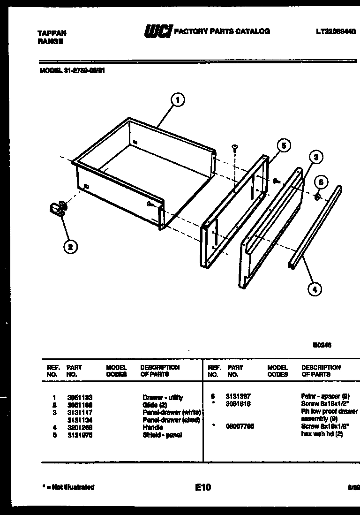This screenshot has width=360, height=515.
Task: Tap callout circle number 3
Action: point(316,158)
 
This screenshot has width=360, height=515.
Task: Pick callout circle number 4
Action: point(315,289)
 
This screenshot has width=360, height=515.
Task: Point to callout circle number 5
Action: point(283,146)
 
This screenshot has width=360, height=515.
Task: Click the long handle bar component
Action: point(315,227)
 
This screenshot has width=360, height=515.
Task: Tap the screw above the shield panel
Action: point(235,148)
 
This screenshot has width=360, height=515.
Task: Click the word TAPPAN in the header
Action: point(52,33)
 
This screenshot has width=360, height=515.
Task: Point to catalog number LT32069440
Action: point(336,32)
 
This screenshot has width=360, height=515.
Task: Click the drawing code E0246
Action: point(322,345)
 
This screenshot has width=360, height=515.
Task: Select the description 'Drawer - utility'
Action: point(163,397)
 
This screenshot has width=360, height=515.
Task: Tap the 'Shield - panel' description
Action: point(162,435)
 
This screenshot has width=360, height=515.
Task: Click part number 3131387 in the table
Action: point(238,396)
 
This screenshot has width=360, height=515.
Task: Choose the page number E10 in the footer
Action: point(203,487)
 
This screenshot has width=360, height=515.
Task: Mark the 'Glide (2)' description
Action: point(155,405)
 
